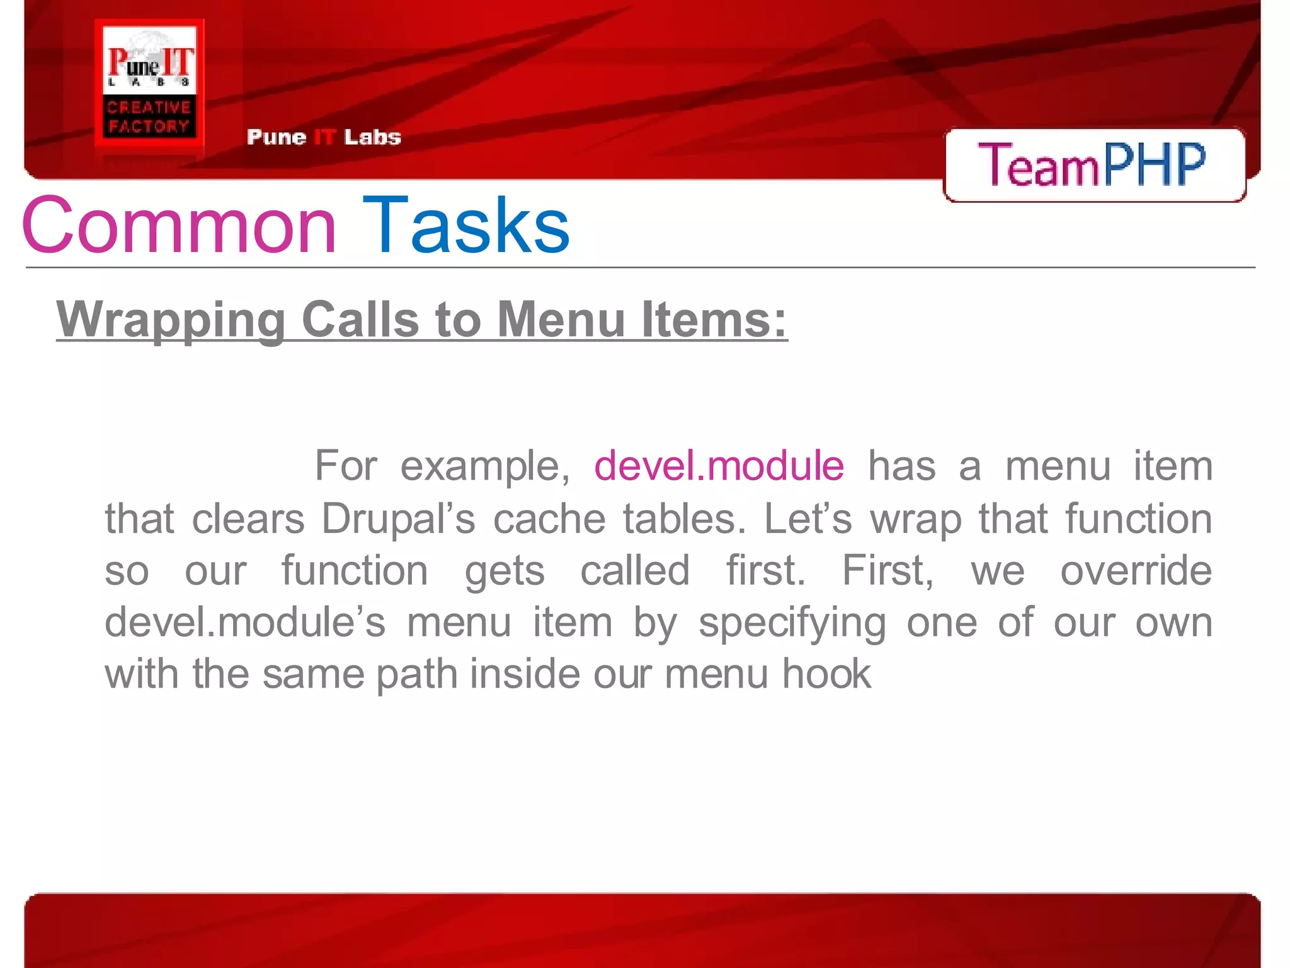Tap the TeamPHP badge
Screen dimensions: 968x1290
[x=1094, y=165]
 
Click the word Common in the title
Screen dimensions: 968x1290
[x=179, y=226]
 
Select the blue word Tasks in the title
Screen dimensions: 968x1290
[x=466, y=226]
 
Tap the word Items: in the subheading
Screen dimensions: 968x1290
[x=714, y=320]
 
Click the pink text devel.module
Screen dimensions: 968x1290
[x=719, y=466]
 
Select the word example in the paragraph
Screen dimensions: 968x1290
[x=485, y=467]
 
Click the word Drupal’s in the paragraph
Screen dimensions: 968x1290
[x=398, y=519]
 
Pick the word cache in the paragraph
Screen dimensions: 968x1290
[x=549, y=519]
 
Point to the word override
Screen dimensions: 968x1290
[x=1136, y=570]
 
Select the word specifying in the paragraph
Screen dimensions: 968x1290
[x=792, y=623]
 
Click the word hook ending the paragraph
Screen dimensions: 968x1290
[x=826, y=674]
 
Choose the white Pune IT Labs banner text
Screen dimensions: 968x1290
[x=324, y=137]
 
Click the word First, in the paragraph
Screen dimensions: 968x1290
[x=888, y=571]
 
